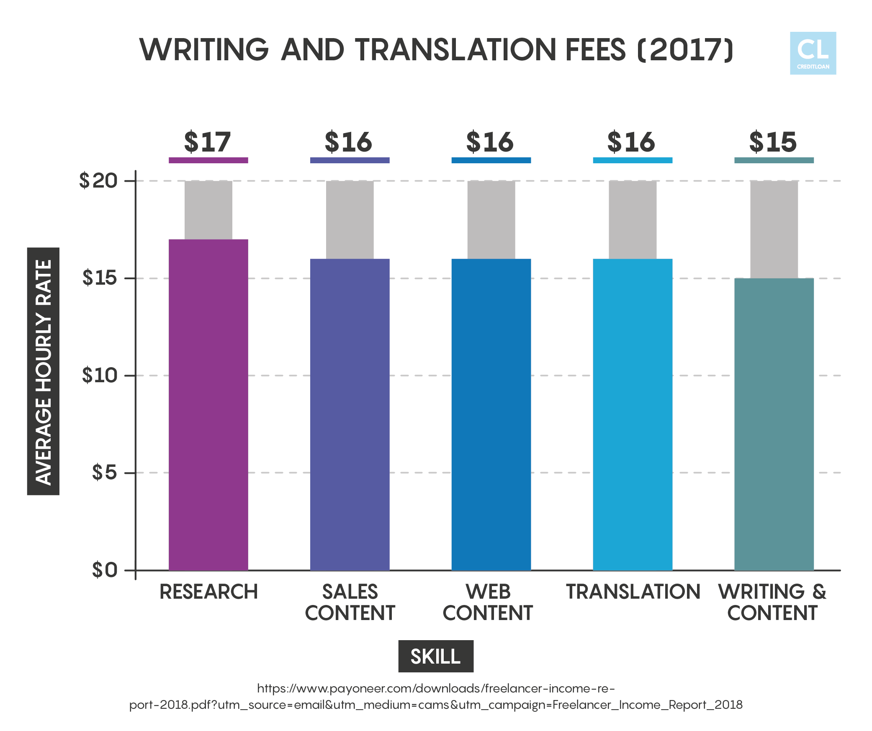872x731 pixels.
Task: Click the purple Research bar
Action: (208, 404)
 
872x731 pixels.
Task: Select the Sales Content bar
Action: (350, 414)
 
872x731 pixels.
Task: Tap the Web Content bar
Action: (491, 414)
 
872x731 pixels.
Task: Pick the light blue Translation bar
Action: (632, 414)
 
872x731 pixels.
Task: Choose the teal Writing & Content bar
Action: (774, 424)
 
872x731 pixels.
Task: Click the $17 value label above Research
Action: (208, 142)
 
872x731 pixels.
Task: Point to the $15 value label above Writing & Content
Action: (773, 142)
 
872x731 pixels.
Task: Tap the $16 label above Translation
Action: (631, 142)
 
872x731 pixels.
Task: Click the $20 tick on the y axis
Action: (99, 181)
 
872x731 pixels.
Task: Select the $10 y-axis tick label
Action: (100, 375)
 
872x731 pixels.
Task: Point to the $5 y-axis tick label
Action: (104, 472)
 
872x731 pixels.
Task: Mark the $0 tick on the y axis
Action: (105, 570)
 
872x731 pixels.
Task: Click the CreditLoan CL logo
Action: (813, 54)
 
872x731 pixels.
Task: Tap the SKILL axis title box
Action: (435, 656)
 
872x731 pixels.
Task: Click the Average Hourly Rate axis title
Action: (43, 371)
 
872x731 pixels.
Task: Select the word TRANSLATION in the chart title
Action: (456, 50)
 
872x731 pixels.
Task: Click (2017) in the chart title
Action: (685, 50)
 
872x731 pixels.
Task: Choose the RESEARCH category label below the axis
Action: (208, 592)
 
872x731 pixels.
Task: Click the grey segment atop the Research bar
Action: (208, 210)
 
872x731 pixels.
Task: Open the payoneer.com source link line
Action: (436, 689)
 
